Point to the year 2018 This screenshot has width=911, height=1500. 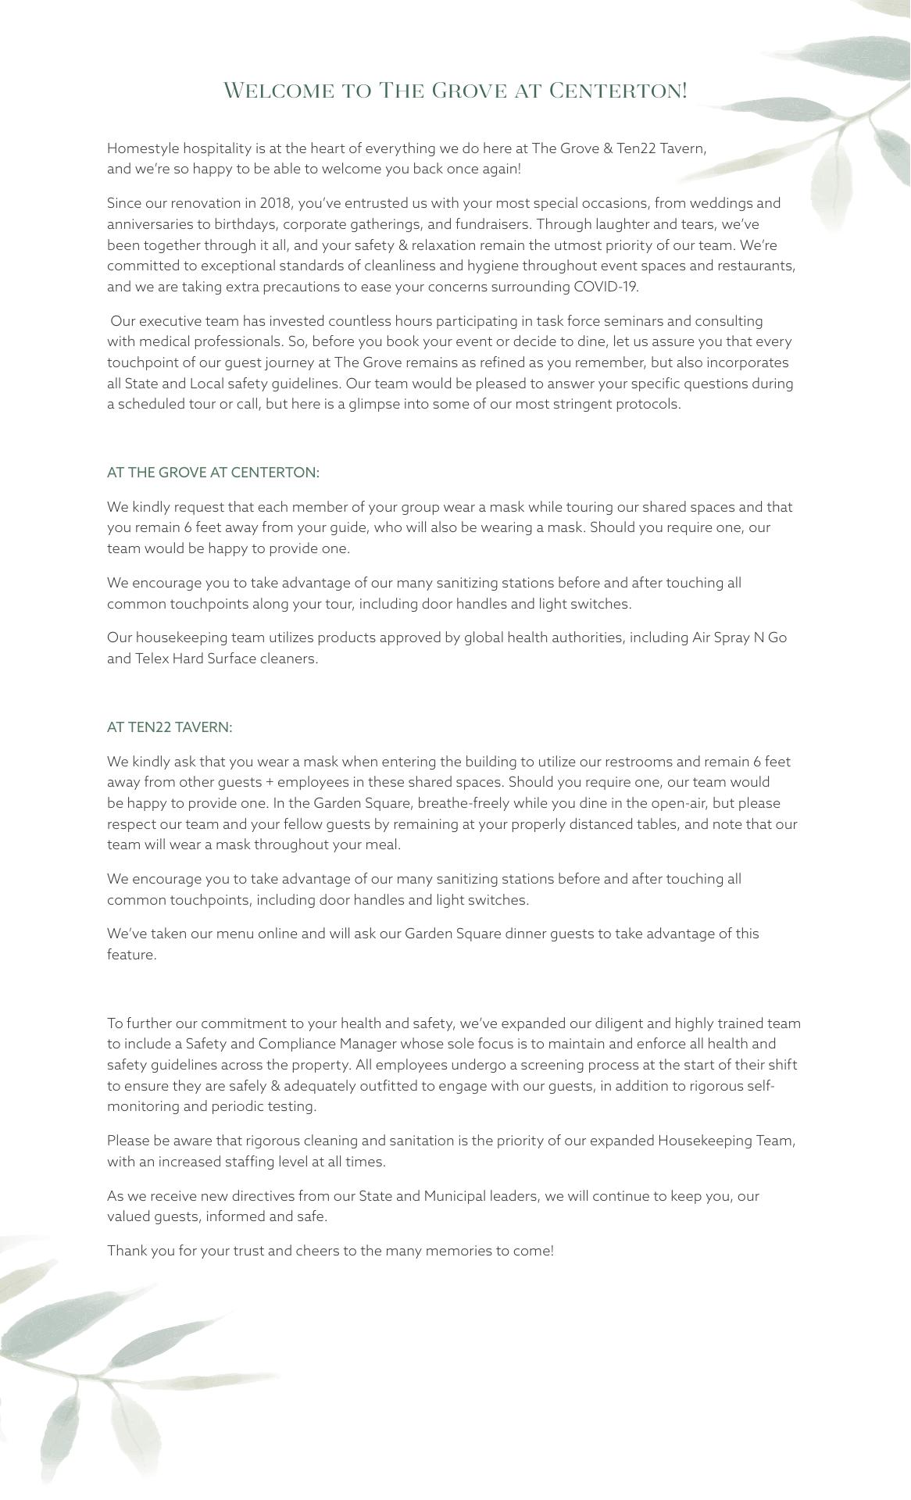pos(274,203)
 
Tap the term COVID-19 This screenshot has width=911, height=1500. pos(606,287)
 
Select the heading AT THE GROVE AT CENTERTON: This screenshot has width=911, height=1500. pos(213,473)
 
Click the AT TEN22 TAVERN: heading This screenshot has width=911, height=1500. pos(170,727)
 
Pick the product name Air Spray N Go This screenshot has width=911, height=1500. pos(739,637)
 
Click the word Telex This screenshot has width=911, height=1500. pos(152,659)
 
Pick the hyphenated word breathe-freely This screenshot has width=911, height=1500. pos(465,803)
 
